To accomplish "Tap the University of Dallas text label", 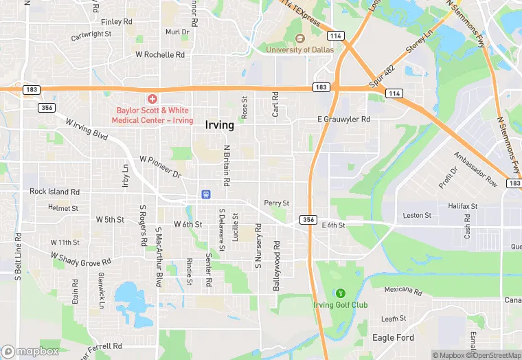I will (301, 49).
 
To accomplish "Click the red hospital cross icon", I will (151, 100).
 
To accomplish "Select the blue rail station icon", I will (205, 194).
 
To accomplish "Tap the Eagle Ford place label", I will (392, 337).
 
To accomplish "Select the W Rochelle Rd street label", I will (160, 54).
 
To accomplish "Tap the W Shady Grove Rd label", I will (81, 258).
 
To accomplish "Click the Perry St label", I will (277, 203).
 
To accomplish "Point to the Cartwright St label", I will (91, 34).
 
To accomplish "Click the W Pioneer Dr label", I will (160, 167).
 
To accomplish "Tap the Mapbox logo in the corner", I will (30, 351).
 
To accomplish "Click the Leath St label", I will (394, 319).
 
